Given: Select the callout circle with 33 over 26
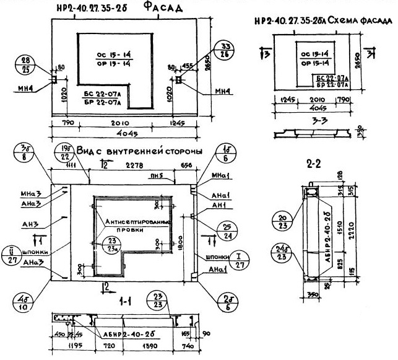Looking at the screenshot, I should (225, 51).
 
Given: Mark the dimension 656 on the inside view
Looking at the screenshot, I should (186, 165).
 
